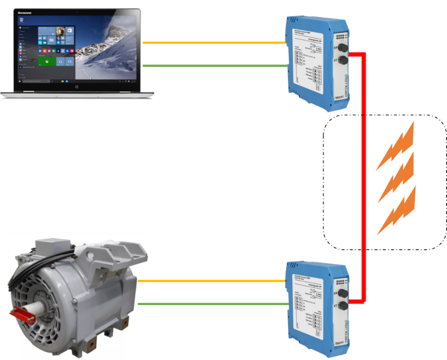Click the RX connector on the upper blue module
[x=341, y=49]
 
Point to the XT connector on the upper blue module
[x=342, y=60]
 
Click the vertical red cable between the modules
[x=364, y=178]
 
